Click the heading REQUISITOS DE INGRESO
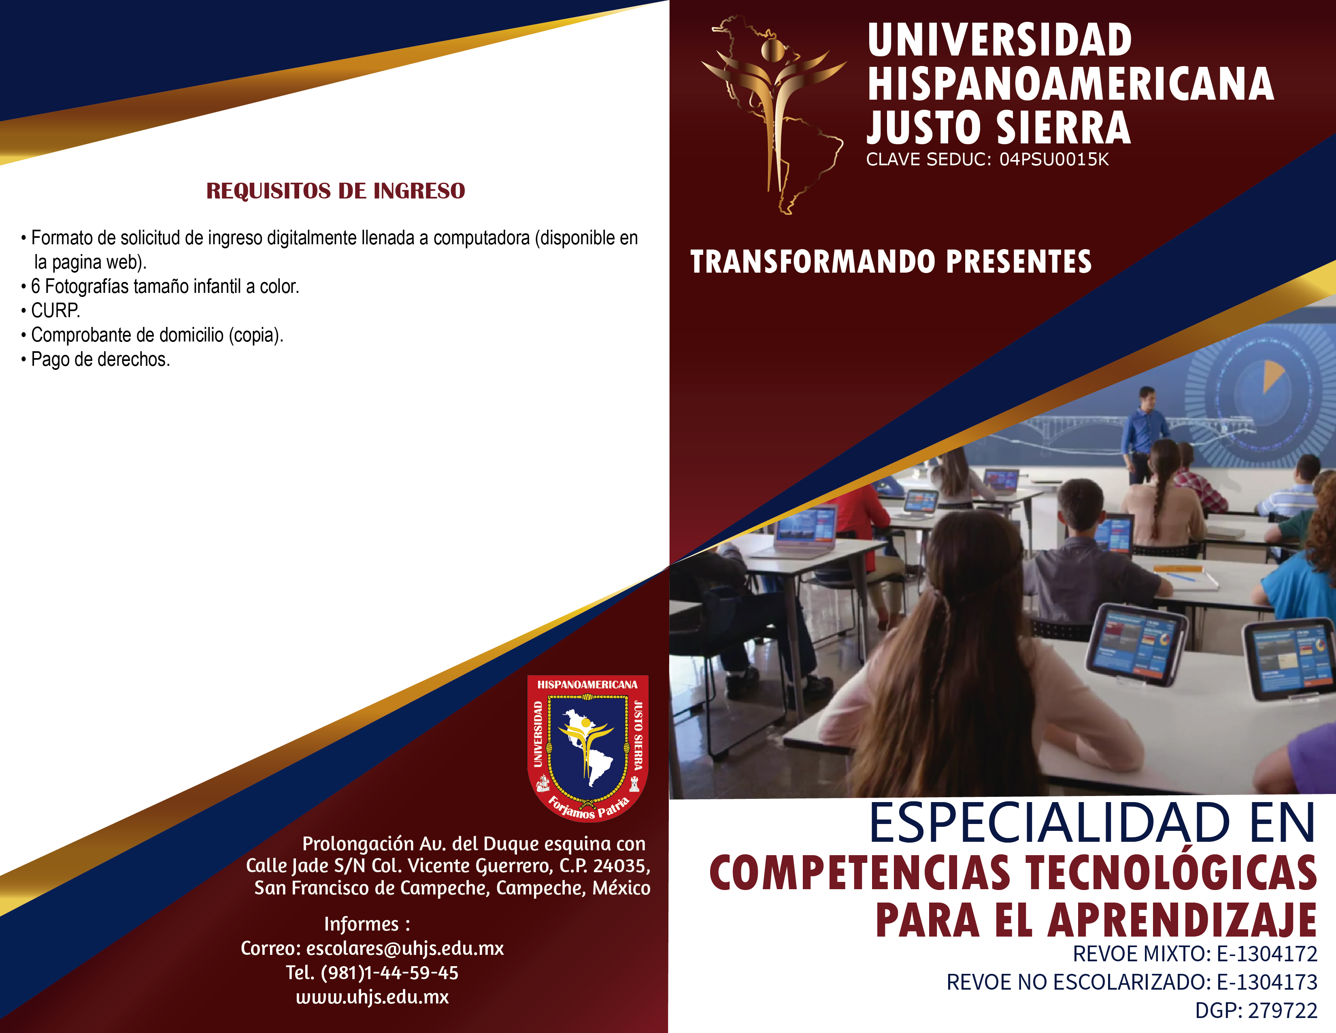pyautogui.click(x=335, y=191)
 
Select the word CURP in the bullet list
pyautogui.click(x=54, y=311)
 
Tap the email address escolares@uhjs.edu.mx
pyautogui.click(x=405, y=949)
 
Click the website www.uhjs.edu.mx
pyautogui.click(x=372, y=997)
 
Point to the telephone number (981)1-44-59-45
pyautogui.click(x=389, y=973)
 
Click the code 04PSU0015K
pyautogui.click(x=1054, y=160)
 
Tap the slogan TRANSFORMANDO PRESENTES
pyautogui.click(x=891, y=262)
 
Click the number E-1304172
pyautogui.click(x=1267, y=954)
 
